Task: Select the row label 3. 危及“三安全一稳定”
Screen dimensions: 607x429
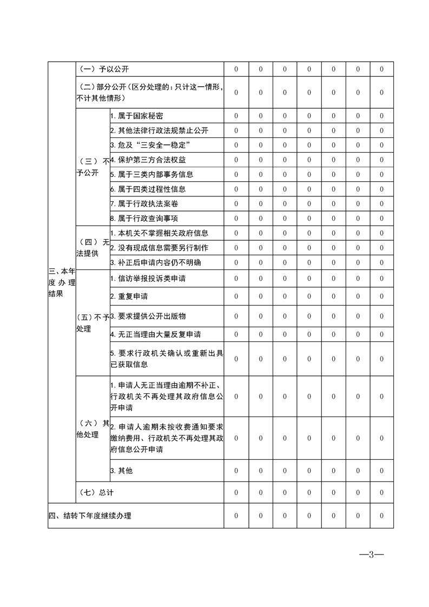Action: coord(149,146)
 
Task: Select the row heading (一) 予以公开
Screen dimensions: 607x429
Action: coord(103,69)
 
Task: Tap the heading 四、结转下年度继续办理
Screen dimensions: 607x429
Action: coord(90,516)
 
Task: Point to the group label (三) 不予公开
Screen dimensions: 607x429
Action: coord(93,167)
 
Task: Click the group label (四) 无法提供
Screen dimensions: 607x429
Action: coord(93,248)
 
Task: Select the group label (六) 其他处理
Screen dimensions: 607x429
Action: coord(93,429)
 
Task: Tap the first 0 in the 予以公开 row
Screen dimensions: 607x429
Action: coord(236,69)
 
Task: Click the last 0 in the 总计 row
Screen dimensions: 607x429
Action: coord(381,492)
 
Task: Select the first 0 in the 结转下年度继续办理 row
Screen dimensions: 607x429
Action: coord(236,516)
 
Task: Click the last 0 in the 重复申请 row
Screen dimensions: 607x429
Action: coord(381,296)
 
